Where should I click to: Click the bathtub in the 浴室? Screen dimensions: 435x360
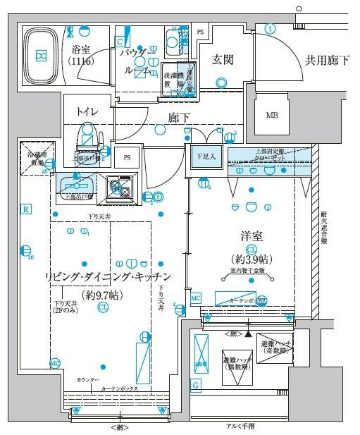tap(42, 54)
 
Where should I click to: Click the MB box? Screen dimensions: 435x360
tap(271, 116)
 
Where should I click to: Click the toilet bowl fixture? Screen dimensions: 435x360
tap(87, 135)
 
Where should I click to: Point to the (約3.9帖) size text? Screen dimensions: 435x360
tap(251, 259)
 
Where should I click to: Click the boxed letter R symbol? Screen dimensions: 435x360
tap(25, 209)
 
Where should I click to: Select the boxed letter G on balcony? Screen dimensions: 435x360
tap(195, 384)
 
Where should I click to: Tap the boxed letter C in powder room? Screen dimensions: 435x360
tap(120, 41)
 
